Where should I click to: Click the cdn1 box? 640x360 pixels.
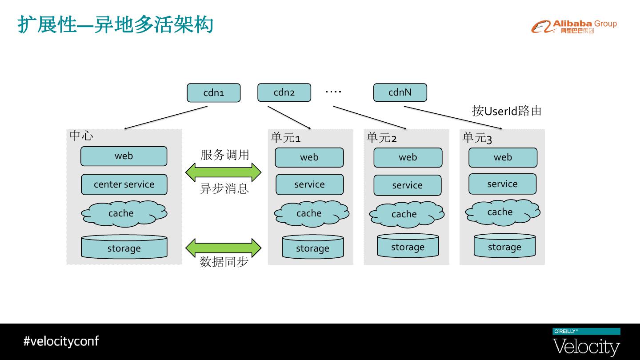[x=214, y=93]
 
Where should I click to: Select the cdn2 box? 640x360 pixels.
[x=284, y=92]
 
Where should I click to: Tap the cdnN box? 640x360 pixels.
[x=400, y=92]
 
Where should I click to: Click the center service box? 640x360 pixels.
[x=124, y=184]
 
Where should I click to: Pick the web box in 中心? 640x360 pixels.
[x=124, y=156]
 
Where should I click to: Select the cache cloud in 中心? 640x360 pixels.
[x=124, y=214]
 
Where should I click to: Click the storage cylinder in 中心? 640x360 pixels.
[x=124, y=247]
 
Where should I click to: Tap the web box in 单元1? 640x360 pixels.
[x=309, y=157]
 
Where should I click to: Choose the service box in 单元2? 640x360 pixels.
[x=408, y=185]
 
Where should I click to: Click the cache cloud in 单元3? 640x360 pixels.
[x=503, y=212]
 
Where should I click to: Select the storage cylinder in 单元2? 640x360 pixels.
[x=408, y=246]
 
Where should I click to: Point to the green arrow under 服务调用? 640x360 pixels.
[x=224, y=172]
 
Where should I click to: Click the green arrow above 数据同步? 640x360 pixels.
[x=224, y=248]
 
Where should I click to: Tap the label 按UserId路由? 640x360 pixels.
[x=507, y=111]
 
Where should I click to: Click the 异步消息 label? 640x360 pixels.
[x=224, y=188]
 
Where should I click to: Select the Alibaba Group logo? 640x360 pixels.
[x=574, y=27]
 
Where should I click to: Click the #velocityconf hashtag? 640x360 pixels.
[x=61, y=341]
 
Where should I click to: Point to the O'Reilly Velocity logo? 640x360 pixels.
[x=586, y=342]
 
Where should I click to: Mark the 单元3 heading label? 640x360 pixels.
[x=477, y=138]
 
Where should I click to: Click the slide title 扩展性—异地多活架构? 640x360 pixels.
[x=116, y=25]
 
